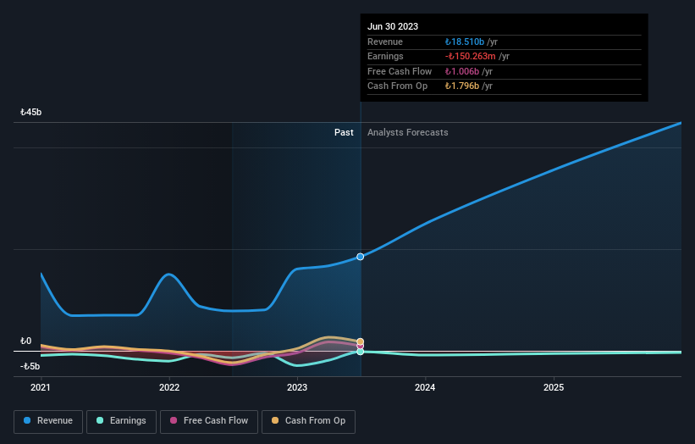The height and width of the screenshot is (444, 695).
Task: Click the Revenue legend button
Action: click(48, 421)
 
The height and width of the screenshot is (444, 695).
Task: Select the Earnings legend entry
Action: click(121, 421)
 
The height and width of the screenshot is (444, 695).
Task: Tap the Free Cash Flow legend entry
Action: click(208, 421)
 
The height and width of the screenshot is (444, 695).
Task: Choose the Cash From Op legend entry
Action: click(309, 421)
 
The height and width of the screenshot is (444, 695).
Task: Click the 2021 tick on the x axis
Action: click(41, 388)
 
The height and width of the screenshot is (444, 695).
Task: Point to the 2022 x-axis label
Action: click(169, 388)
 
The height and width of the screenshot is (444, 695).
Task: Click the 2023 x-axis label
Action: click(297, 388)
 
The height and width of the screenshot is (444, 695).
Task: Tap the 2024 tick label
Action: click(425, 388)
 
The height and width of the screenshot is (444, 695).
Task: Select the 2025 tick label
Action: click(554, 388)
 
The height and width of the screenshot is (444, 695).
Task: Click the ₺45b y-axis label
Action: click(31, 113)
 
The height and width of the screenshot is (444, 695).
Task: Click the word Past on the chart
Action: click(344, 132)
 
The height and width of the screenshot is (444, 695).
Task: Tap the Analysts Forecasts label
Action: click(407, 132)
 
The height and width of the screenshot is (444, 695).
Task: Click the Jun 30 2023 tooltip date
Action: click(393, 27)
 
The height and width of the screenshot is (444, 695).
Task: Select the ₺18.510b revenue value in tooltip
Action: click(465, 42)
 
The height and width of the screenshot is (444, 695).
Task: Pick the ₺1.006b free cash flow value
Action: click(462, 72)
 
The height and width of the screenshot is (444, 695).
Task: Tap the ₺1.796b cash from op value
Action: click(462, 86)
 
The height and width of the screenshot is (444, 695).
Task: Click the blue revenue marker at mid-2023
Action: click(361, 256)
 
